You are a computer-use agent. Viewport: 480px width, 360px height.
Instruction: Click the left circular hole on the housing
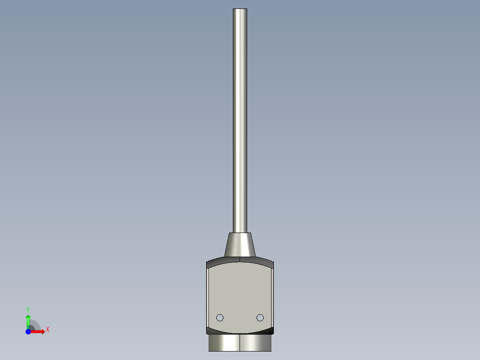tap(220, 318)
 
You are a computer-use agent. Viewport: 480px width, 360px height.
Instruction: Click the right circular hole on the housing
tap(260, 318)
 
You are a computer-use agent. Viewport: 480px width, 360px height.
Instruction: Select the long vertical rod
tap(240, 121)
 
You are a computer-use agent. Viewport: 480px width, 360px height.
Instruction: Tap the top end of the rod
tap(240, 9)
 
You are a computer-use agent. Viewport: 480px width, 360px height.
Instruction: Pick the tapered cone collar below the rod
tap(240, 245)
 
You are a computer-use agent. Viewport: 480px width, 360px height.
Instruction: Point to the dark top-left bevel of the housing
tap(223, 262)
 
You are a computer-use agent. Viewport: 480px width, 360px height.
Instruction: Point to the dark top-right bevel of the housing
tap(257, 262)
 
